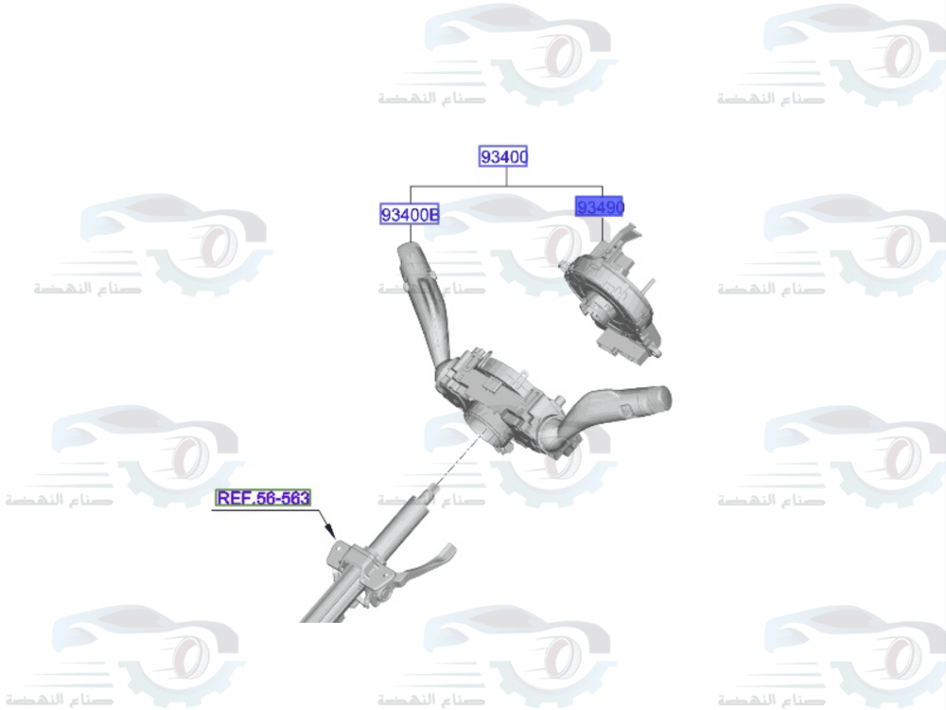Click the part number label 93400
[x=503, y=157]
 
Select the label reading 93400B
[x=410, y=216]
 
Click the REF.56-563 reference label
[x=264, y=498]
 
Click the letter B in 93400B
[x=433, y=216]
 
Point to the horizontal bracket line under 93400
[x=506, y=186]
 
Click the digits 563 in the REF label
[x=292, y=498]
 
